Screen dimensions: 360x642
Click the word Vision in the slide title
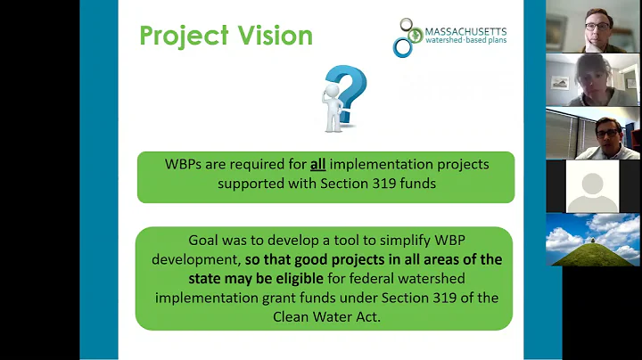(x=272, y=36)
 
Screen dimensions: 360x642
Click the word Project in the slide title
(x=182, y=36)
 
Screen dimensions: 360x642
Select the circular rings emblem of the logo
(x=407, y=37)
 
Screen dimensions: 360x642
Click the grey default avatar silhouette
(x=593, y=186)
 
